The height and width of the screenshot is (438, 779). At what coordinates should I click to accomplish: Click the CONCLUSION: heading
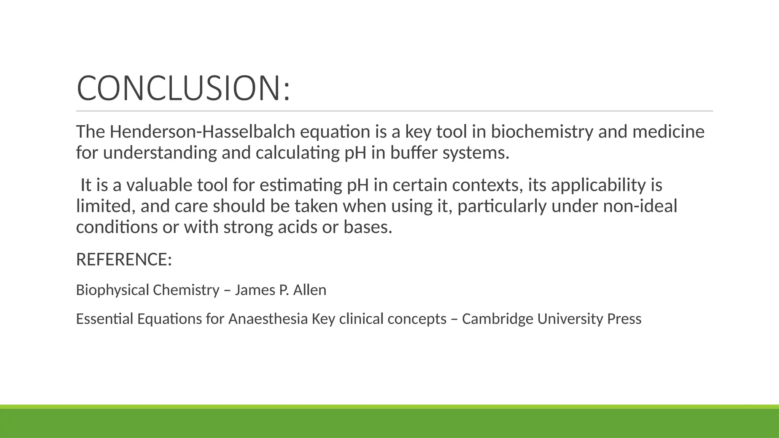click(x=183, y=88)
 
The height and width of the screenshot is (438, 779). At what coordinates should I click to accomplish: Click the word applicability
click(x=598, y=185)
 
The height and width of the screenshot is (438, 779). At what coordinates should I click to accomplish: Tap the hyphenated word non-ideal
click(x=640, y=206)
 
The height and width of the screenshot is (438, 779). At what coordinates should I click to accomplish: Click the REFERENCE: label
click(x=124, y=259)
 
